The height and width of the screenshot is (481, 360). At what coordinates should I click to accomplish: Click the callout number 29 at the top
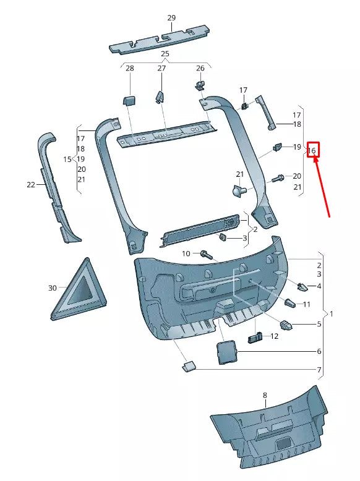[x=171, y=18]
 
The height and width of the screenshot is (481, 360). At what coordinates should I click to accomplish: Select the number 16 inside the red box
[x=312, y=150]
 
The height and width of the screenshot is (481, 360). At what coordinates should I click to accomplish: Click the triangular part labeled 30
[x=79, y=290]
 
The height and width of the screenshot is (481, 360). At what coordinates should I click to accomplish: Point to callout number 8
[x=264, y=394]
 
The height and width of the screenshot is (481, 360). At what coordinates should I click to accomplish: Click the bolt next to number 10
[x=206, y=254]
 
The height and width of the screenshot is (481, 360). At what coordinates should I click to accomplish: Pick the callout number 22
[x=31, y=184]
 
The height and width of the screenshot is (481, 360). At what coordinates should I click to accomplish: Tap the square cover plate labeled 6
[x=226, y=351]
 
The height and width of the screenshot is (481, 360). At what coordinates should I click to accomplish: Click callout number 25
[x=165, y=54]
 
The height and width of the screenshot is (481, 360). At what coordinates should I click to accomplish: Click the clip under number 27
[x=159, y=96]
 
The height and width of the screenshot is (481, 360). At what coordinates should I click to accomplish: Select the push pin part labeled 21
[x=238, y=191]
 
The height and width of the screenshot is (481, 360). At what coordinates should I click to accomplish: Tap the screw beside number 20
[x=277, y=177]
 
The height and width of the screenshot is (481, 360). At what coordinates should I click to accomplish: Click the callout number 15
[x=67, y=159]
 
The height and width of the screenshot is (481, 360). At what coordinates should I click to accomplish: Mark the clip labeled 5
[x=287, y=324]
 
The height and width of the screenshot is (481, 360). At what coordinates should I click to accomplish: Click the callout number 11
[x=307, y=304]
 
